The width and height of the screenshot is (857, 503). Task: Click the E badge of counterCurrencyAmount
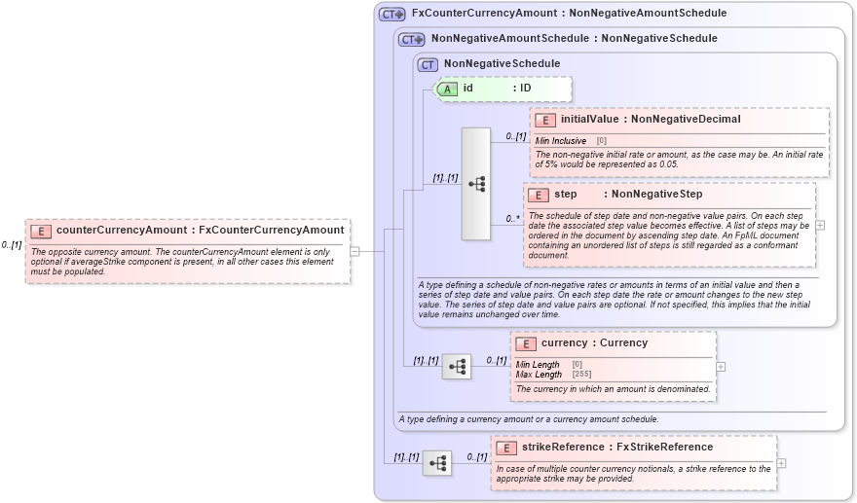[x=41, y=231]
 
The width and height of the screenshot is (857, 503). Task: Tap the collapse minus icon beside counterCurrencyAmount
[x=354, y=251]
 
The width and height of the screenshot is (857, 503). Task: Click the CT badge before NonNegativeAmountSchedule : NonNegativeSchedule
[x=412, y=39]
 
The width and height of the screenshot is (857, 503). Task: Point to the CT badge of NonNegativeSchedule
[x=428, y=64]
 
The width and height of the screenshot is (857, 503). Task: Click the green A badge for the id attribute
[x=448, y=89]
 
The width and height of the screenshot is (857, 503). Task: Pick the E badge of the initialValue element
[x=545, y=120]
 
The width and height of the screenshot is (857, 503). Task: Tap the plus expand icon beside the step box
[x=820, y=225]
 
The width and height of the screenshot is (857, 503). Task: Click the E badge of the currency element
[x=526, y=343]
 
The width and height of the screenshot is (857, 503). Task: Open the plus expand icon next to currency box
[x=721, y=367]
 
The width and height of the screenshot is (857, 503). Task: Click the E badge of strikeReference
[x=506, y=448]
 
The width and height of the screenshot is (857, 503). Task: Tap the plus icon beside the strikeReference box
[x=781, y=463]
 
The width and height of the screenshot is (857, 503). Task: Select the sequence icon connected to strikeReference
[x=437, y=463]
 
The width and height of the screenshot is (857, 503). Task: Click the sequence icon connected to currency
[x=457, y=367]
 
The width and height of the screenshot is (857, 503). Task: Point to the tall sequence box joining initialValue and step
[x=476, y=183]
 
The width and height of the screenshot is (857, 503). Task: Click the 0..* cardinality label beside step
[x=512, y=218]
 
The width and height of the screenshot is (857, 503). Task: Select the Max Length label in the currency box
[x=539, y=375]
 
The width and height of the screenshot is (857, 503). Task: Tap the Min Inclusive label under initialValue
[x=561, y=141]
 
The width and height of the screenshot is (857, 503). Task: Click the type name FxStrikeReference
[x=665, y=448]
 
